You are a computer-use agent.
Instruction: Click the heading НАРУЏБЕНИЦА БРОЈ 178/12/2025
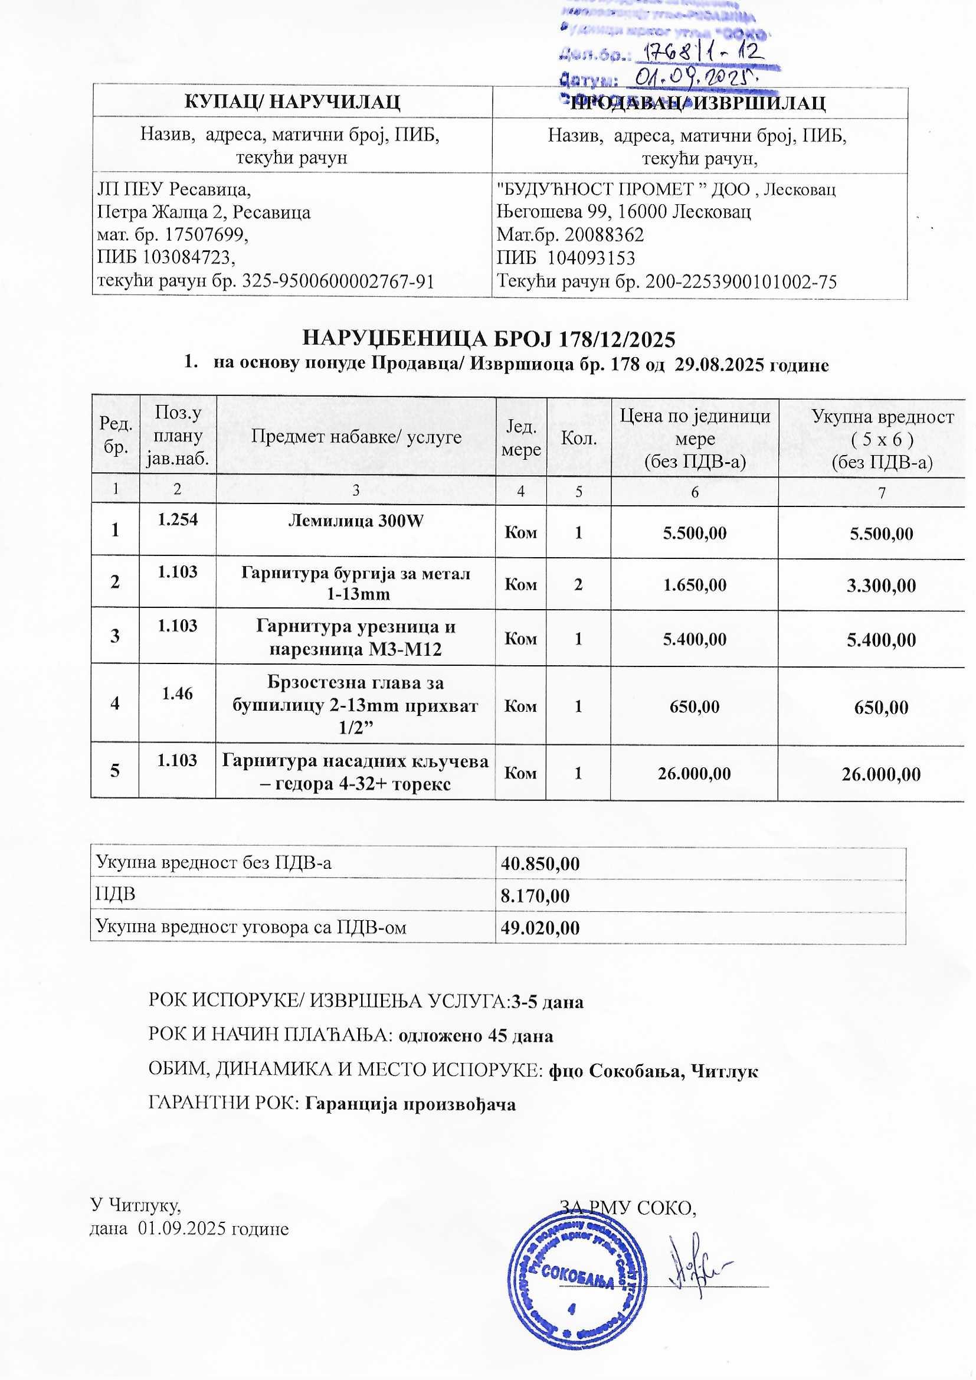(x=488, y=339)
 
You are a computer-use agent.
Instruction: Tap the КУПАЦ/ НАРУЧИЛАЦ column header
(x=292, y=102)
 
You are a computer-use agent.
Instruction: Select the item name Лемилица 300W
(x=356, y=521)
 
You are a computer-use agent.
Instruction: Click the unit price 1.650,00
(x=694, y=584)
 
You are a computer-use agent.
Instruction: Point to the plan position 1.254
(x=177, y=519)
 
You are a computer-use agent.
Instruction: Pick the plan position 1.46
(x=177, y=693)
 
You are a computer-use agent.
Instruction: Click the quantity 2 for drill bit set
(x=578, y=584)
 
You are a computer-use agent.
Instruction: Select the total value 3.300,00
(x=881, y=586)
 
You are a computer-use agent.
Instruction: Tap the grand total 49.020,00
(x=541, y=927)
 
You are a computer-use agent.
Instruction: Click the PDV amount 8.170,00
(x=535, y=896)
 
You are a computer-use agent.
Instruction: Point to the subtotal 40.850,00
(x=541, y=864)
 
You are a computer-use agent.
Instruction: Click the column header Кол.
(x=578, y=437)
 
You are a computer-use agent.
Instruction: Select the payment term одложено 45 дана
(x=476, y=1036)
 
